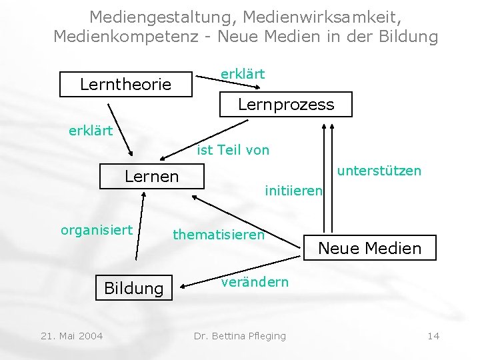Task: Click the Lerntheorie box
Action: tap(126, 85)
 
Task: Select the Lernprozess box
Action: tap(286, 105)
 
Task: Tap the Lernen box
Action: tap(152, 177)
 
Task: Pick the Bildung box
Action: tap(133, 288)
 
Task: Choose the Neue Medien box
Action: tap(369, 248)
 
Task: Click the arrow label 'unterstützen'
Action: tap(379, 171)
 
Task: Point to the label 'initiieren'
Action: tap(293, 191)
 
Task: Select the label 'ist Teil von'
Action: tap(233, 150)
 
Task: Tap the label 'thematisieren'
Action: tap(219, 234)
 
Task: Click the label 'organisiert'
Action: tap(97, 230)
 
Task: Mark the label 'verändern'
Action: tap(255, 281)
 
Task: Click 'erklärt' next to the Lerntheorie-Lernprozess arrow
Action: tap(243, 73)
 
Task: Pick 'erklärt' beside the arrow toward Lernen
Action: tap(91, 130)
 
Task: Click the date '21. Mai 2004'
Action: tap(72, 335)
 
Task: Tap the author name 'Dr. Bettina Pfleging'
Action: tap(239, 335)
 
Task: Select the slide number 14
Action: tap(433, 335)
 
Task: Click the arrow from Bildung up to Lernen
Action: tap(139, 227)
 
